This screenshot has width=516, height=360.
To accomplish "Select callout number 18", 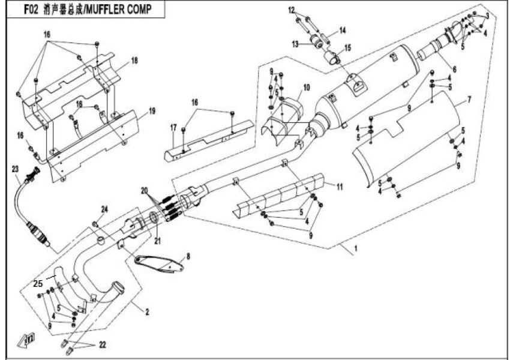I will click(134, 61).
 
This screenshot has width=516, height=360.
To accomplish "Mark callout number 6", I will click(454, 70).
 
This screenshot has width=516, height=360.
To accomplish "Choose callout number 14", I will click(343, 30).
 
